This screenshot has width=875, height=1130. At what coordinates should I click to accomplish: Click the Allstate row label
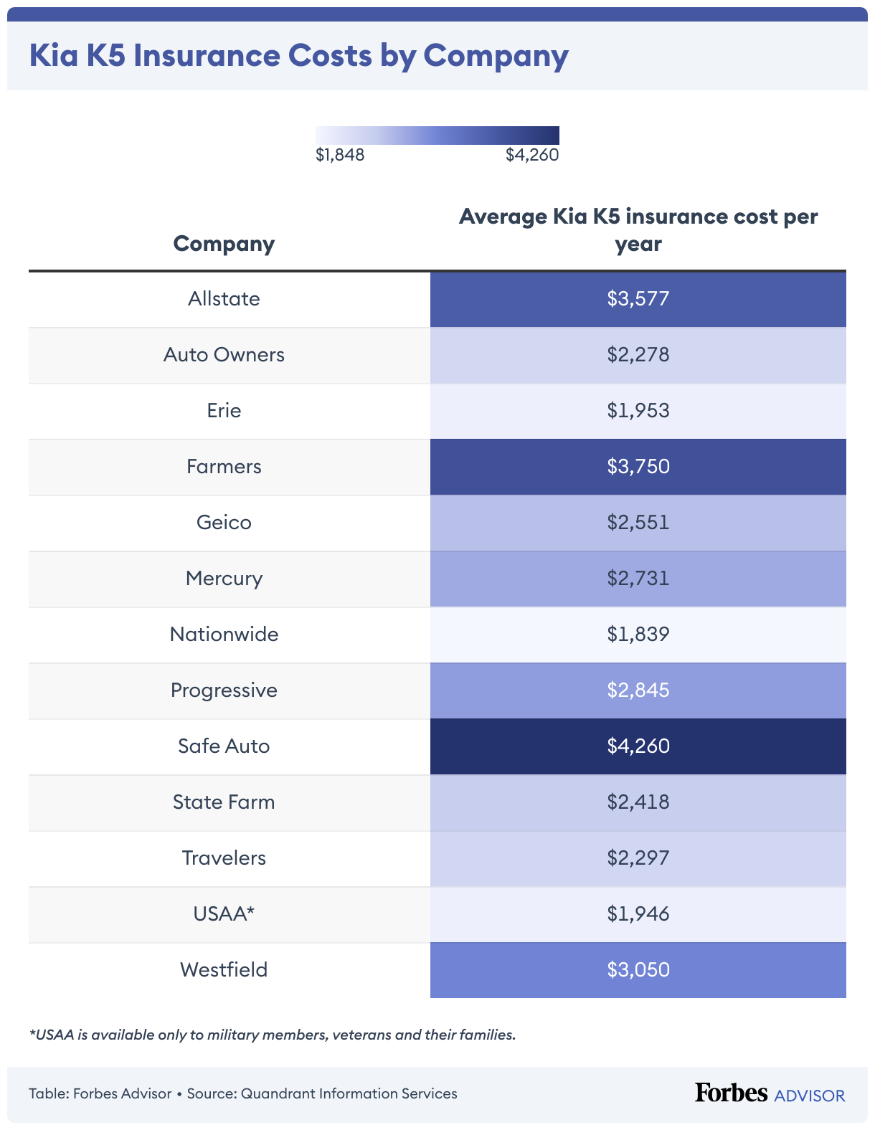tap(224, 299)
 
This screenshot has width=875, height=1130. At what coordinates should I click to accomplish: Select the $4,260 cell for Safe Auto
tap(638, 746)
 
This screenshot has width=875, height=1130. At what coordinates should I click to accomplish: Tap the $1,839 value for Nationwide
tap(638, 635)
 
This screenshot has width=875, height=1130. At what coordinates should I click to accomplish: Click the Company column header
tap(224, 244)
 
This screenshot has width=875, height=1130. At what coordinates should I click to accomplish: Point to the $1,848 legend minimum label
tap(340, 155)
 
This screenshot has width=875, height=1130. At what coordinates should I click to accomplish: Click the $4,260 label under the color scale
tap(531, 155)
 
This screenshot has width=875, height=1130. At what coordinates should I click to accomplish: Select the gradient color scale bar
tap(437, 136)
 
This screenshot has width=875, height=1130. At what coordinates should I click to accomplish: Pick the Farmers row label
tap(224, 467)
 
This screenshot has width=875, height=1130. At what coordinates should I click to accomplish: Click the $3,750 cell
tap(638, 467)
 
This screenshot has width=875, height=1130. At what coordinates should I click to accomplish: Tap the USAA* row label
tap(224, 914)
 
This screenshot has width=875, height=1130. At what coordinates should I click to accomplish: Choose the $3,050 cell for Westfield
tap(638, 970)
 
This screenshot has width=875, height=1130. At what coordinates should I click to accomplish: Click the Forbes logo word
tap(730, 1093)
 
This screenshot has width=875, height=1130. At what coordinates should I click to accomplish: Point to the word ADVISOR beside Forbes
tap(810, 1096)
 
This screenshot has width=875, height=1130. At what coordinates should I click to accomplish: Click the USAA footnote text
tap(273, 1035)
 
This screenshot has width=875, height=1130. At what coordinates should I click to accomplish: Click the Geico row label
tap(224, 523)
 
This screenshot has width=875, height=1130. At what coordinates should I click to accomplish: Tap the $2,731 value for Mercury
tap(638, 579)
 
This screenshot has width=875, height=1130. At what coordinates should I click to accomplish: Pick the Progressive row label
tap(224, 690)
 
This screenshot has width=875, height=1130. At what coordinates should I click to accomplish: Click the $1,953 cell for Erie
tap(638, 411)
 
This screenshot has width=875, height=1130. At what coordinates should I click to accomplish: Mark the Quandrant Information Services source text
tap(349, 1093)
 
